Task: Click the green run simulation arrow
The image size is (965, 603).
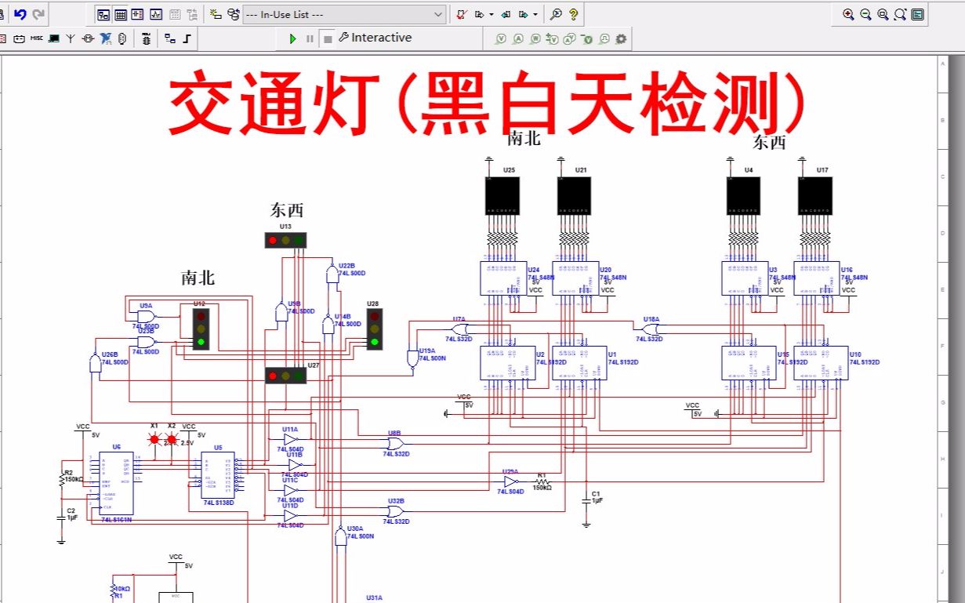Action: click(x=292, y=38)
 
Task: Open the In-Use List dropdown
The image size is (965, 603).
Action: click(x=344, y=14)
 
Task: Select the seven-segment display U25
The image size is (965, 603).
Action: click(x=502, y=196)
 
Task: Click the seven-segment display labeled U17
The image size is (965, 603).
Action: click(x=814, y=196)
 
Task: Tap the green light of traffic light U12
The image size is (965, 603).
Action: click(x=201, y=341)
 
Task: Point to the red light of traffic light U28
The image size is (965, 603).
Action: click(x=375, y=316)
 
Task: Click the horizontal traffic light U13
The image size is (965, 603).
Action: click(x=285, y=240)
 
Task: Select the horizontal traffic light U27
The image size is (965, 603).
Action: click(x=285, y=376)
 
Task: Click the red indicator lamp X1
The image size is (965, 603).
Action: click(x=154, y=439)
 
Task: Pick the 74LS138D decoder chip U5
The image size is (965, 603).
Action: click(x=217, y=475)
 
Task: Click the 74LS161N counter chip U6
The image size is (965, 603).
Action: click(x=116, y=483)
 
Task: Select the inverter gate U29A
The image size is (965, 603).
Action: click(x=511, y=481)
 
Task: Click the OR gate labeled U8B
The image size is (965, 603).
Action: click(x=394, y=443)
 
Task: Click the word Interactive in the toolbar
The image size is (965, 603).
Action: click(x=381, y=38)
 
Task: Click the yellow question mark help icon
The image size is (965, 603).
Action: click(x=574, y=14)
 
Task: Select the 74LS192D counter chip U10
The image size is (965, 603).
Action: click(x=821, y=363)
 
